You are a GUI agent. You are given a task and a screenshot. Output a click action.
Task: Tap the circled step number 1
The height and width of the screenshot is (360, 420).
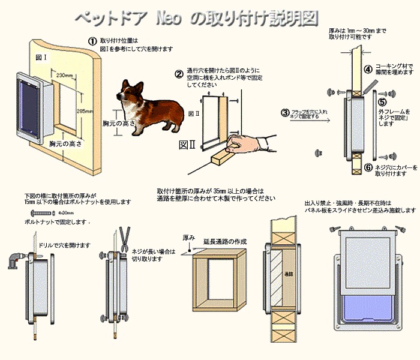point(92,41)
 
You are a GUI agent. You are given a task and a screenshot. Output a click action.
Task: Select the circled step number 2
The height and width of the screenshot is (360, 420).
point(179,74)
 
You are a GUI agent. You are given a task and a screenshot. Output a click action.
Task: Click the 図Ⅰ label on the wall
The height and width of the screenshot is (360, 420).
point(41,58)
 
